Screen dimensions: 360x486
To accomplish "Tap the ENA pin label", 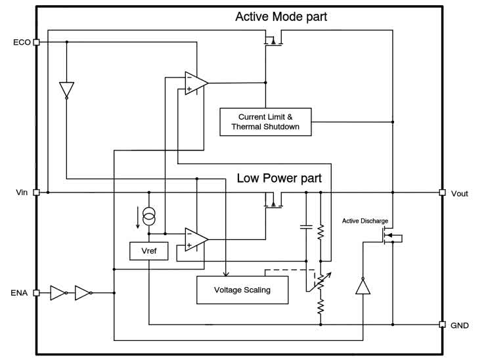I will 20,292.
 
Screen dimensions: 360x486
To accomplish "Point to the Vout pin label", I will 459,193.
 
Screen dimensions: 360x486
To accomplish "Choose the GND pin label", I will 459,325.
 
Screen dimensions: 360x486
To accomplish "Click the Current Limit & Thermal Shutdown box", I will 265,122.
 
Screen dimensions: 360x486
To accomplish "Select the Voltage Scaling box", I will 242,290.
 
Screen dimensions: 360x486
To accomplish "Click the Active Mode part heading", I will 281,17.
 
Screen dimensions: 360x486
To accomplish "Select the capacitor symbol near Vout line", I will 305,227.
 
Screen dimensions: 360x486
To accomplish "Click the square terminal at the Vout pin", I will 442,192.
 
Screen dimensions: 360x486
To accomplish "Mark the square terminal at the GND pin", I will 442,325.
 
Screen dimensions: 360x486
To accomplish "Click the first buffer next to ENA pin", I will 58,292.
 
